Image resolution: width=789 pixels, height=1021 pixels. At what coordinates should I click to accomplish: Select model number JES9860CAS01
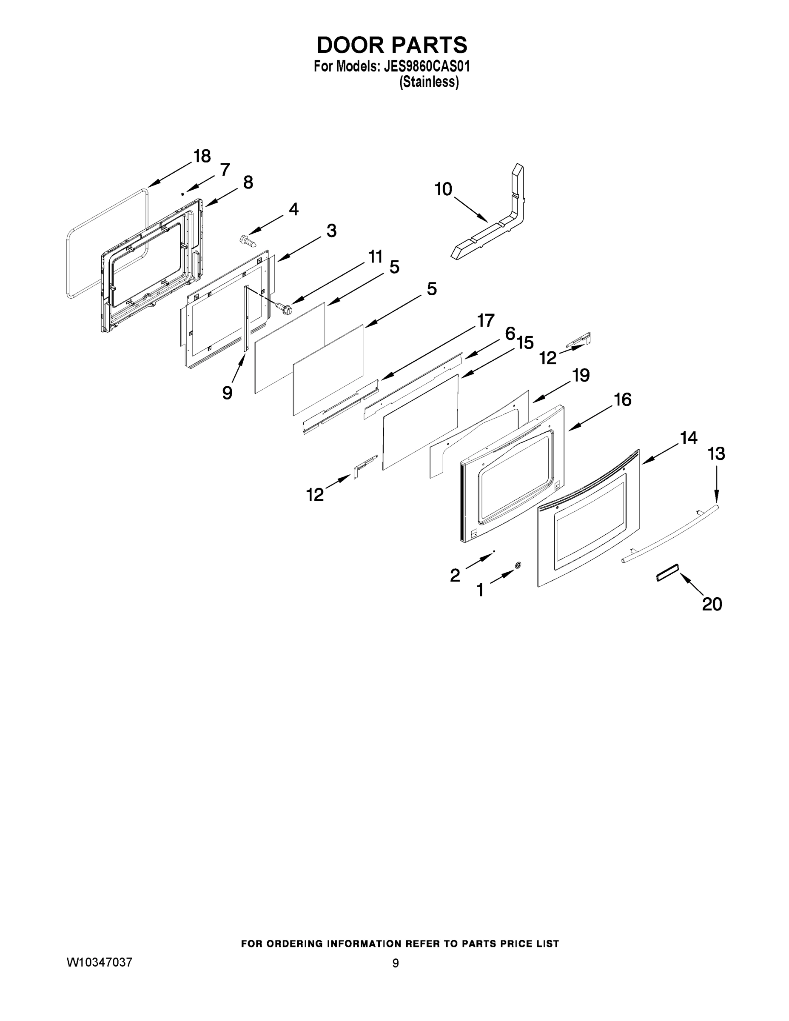[426, 66]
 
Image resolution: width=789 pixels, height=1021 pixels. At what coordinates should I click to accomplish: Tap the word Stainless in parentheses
[429, 82]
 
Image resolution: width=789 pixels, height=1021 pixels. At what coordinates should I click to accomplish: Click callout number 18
[202, 156]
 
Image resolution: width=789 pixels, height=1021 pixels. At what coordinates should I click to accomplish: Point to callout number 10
[443, 189]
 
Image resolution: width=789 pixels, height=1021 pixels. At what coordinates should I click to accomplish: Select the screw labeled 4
[247, 241]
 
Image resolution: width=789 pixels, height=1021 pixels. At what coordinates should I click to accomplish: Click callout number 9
[227, 393]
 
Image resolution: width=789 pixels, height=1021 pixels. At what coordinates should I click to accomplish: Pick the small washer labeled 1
[518, 565]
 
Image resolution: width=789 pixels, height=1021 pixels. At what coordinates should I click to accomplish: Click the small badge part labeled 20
[667, 572]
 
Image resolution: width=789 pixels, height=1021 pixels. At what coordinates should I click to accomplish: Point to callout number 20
[712, 604]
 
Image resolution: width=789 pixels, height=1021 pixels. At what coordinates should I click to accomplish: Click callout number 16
[623, 400]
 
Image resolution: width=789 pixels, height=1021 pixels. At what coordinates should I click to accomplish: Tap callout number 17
[485, 321]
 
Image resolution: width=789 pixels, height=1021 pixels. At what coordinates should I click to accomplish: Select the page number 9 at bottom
[396, 963]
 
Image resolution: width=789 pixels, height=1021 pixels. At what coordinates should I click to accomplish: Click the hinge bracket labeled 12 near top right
[580, 340]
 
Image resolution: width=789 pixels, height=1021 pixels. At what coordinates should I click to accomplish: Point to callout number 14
[689, 438]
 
